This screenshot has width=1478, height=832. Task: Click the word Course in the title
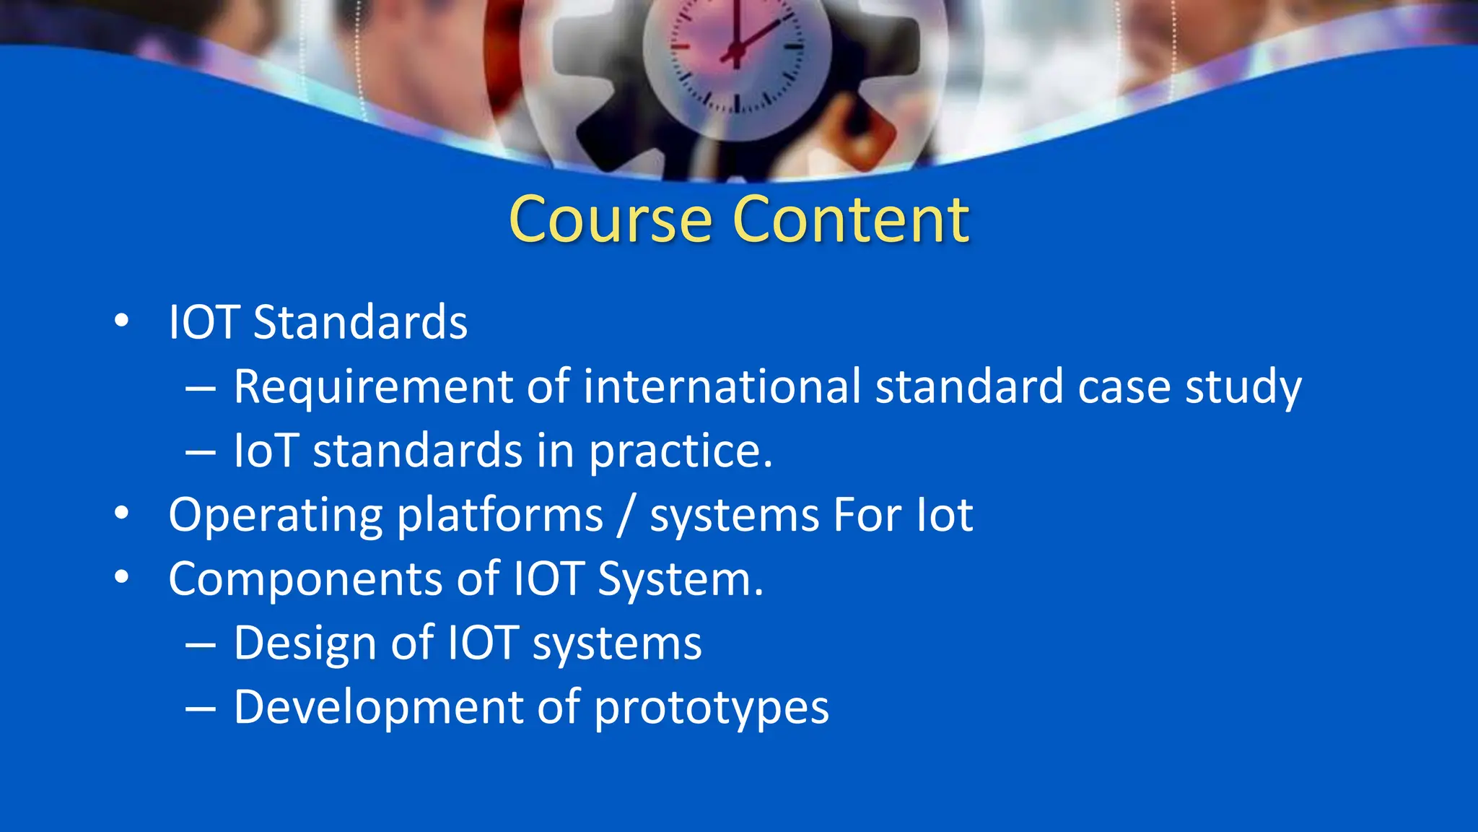click(610, 220)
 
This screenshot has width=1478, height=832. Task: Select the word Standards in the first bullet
click(360, 322)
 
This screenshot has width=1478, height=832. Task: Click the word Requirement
click(372, 386)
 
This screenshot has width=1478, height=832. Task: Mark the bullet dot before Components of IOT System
click(121, 577)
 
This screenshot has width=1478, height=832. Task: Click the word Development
click(378, 708)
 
